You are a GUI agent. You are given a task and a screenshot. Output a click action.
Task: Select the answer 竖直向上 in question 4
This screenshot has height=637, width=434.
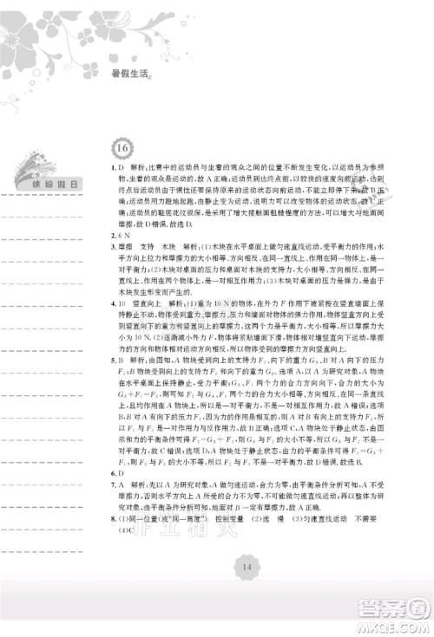(141, 305)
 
